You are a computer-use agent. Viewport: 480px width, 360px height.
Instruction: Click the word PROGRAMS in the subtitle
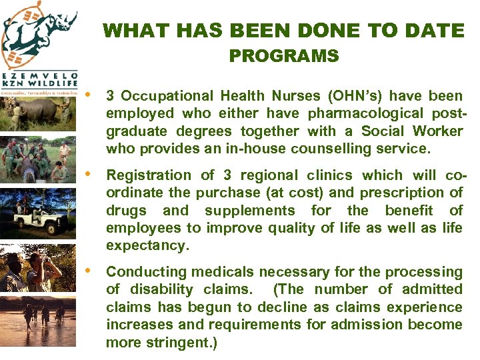point(284,56)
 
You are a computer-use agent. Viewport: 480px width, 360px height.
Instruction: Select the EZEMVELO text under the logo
point(40,75)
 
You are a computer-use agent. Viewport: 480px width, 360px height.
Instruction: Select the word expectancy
point(147,245)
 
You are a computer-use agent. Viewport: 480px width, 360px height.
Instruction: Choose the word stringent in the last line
point(176,343)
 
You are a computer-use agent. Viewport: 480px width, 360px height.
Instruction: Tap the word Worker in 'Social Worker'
point(437,131)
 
